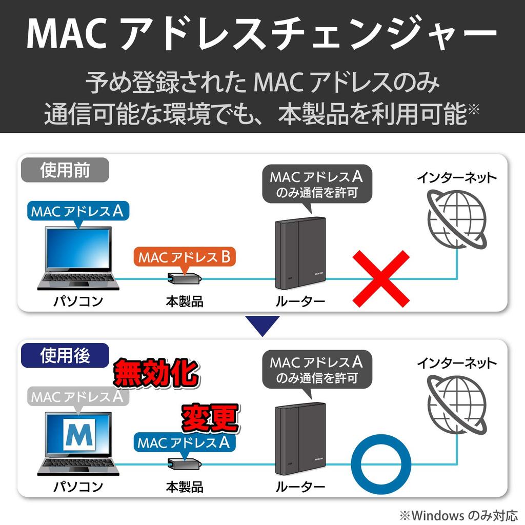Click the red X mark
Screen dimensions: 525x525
pyautogui.click(x=381, y=278)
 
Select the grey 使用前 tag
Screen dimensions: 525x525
pyautogui.click(x=65, y=170)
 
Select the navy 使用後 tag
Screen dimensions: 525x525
pyautogui.click(x=65, y=356)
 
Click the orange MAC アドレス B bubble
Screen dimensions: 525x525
pyautogui.click(x=185, y=257)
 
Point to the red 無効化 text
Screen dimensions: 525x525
pyautogui.click(x=156, y=373)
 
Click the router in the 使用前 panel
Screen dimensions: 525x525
pyautogui.click(x=300, y=253)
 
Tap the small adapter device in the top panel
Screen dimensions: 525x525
pyautogui.click(x=185, y=278)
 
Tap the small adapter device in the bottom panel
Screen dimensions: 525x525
pyautogui.click(x=185, y=464)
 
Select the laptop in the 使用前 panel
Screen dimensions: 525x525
pyautogui.click(x=78, y=258)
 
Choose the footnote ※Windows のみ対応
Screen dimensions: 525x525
pyautogui.click(x=458, y=515)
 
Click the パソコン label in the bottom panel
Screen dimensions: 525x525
pyautogui.click(x=78, y=487)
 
